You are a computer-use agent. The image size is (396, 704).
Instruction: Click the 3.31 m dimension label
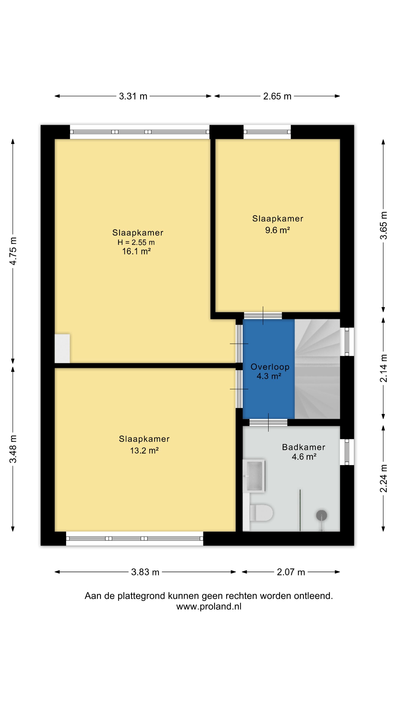(x=133, y=96)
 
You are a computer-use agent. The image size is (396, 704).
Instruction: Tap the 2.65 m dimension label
(x=277, y=96)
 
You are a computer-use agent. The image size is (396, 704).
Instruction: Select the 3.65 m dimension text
(x=384, y=225)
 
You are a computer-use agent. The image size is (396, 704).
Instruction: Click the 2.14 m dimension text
(x=384, y=368)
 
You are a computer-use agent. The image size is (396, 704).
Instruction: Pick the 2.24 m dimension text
(x=384, y=478)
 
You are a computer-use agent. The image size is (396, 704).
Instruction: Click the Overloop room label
(x=270, y=367)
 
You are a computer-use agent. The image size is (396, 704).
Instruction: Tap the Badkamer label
(x=304, y=447)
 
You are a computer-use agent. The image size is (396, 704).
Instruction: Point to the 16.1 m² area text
(x=136, y=251)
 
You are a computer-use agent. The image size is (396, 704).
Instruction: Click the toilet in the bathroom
(x=261, y=513)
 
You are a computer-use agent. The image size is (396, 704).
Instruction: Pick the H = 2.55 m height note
(x=136, y=242)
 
